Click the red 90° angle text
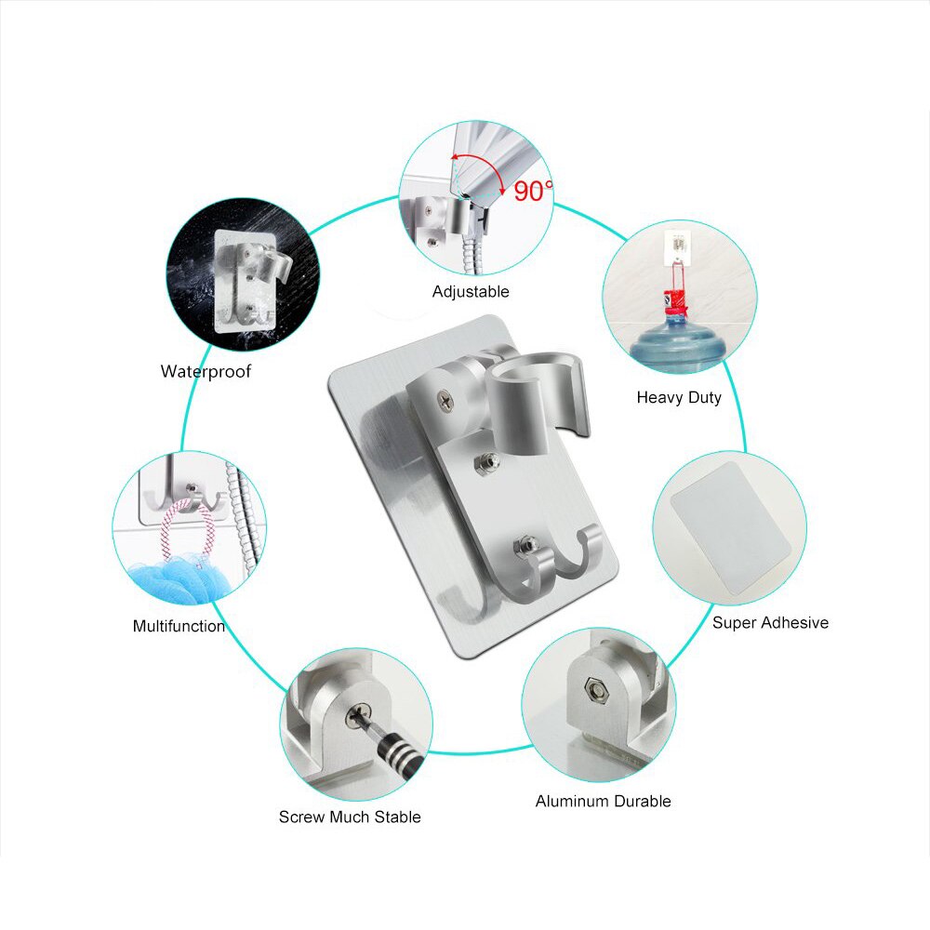533,191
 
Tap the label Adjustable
471,291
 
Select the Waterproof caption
206,372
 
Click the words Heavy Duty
679,397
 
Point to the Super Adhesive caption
770,622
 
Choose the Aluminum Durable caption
603,801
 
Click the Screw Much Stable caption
350,817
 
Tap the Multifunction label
179,626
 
